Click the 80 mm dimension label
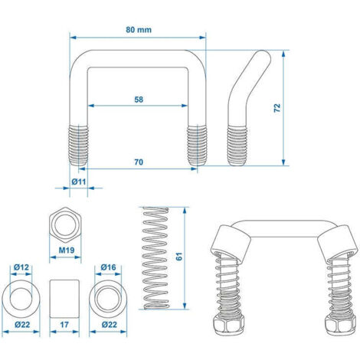click(x=139, y=30)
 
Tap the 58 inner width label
click(x=139, y=100)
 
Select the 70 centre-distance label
click(x=139, y=162)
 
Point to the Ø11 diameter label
click(x=79, y=182)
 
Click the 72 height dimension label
click(x=277, y=108)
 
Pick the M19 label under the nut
click(x=67, y=250)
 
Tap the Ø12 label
click(x=21, y=267)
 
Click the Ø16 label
click(x=108, y=267)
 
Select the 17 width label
click(x=64, y=325)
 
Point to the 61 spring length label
click(x=179, y=256)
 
